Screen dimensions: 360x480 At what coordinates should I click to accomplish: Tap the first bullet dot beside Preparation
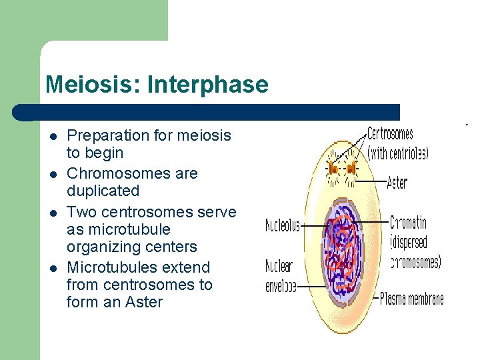click(52, 137)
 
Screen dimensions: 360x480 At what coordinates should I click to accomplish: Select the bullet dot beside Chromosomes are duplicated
click(52, 175)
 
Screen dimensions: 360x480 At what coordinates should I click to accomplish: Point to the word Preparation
click(108, 135)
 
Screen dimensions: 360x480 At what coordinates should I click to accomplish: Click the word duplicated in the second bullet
click(103, 191)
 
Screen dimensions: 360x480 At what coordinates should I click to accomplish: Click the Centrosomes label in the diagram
click(390, 134)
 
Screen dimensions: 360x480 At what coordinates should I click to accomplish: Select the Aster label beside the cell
click(397, 181)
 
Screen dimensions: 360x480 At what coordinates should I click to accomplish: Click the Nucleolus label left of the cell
click(283, 226)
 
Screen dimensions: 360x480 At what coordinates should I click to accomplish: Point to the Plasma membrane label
click(411, 299)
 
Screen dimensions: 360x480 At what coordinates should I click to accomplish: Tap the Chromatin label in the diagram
click(408, 223)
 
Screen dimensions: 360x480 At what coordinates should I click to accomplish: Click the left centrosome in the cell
click(333, 169)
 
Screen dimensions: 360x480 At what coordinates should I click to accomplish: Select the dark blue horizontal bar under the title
click(213, 112)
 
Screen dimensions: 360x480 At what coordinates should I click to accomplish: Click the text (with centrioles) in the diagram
click(398, 153)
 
